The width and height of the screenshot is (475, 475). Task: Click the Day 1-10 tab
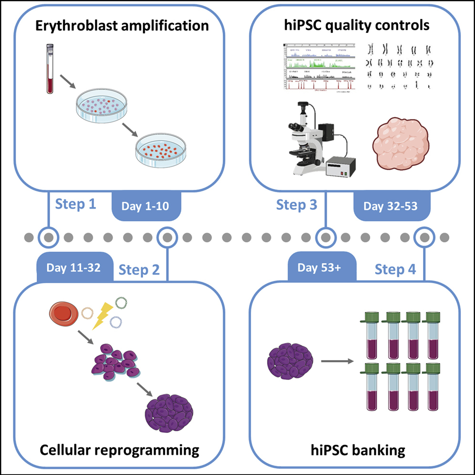click(x=146, y=206)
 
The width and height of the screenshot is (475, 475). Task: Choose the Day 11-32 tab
click(x=73, y=267)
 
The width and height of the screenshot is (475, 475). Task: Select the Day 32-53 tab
click(x=390, y=206)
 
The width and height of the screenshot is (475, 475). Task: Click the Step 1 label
click(x=76, y=204)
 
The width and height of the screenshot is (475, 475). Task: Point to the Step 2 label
click(x=139, y=269)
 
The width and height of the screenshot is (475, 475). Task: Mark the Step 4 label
click(x=395, y=269)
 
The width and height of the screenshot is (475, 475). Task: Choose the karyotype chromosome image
click(x=400, y=67)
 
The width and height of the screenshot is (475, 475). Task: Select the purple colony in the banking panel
click(x=287, y=361)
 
